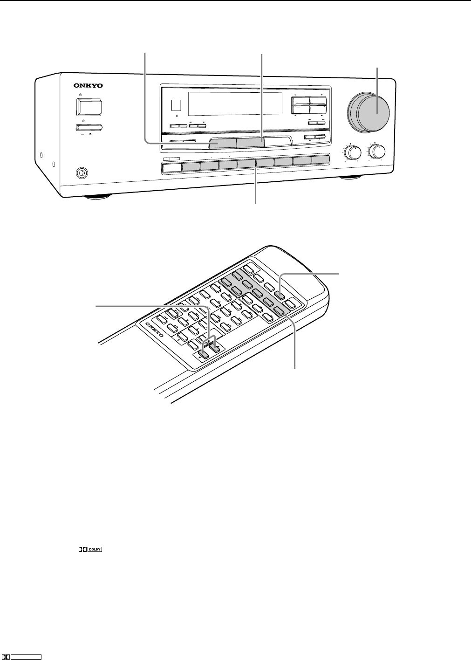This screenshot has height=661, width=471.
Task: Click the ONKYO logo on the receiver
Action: click(88, 86)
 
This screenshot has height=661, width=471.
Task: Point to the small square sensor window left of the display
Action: click(176, 105)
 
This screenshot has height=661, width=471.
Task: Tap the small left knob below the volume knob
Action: click(354, 153)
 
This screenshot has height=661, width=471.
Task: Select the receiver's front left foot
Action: click(98, 196)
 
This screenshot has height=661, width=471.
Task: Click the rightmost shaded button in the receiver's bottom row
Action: click(321, 160)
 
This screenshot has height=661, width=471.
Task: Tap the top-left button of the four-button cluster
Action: click(300, 102)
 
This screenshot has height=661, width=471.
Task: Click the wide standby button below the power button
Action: click(90, 128)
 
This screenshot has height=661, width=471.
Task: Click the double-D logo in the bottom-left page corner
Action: click(7, 657)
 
